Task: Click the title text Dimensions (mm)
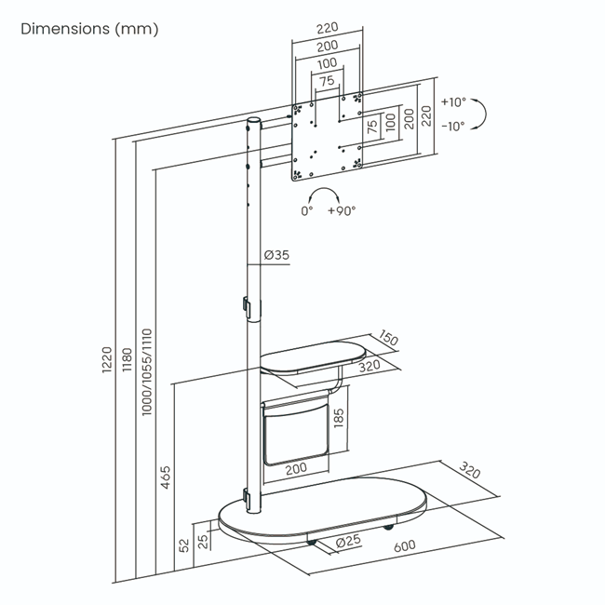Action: [x=90, y=29]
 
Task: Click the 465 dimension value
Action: [x=167, y=477]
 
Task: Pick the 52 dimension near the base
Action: [x=184, y=544]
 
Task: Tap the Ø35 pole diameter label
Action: [x=276, y=255]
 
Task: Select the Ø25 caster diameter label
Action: [x=348, y=541]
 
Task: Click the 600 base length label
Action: [x=404, y=547]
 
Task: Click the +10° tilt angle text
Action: [x=454, y=103]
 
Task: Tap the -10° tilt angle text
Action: [x=454, y=127]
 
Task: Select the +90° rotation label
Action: [x=342, y=210]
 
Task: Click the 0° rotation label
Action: [x=307, y=210]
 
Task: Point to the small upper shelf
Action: [x=313, y=359]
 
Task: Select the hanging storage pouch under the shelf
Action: [x=296, y=433]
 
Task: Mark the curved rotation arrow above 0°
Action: [x=324, y=194]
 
